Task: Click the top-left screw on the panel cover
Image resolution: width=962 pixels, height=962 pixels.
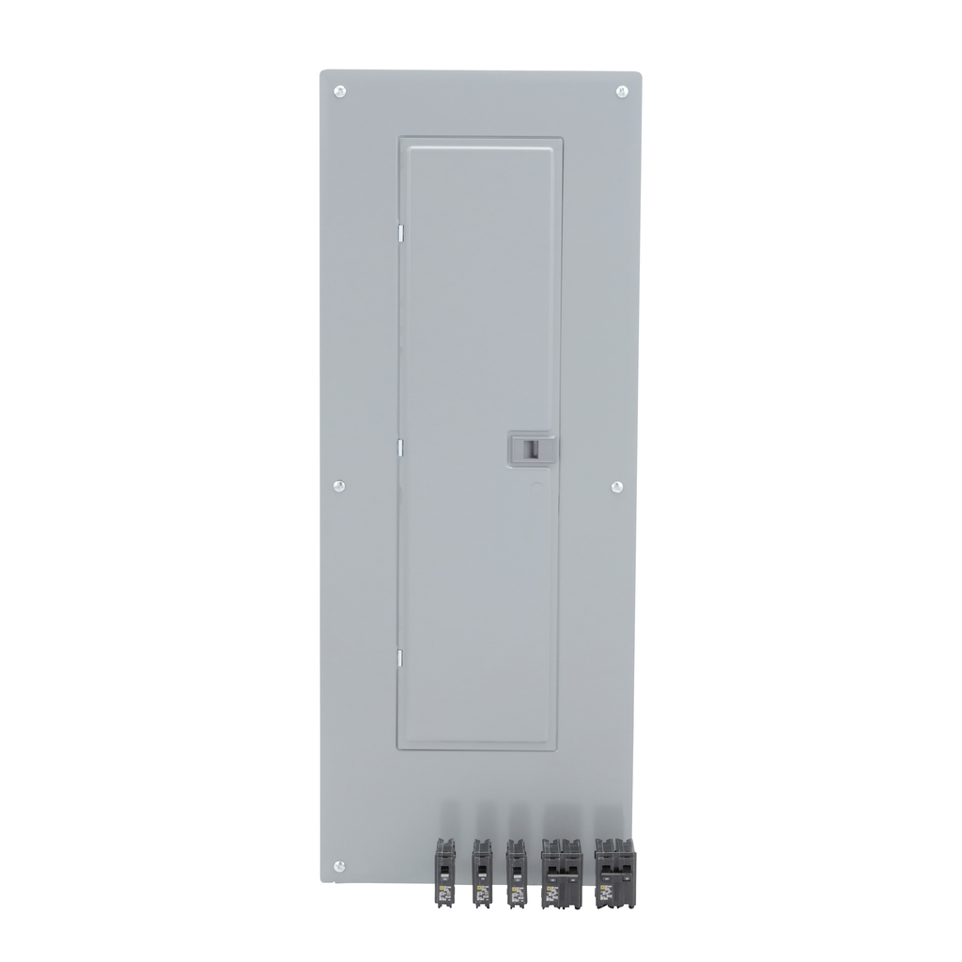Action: point(340,91)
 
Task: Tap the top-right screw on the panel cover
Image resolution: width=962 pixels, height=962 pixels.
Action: point(622,91)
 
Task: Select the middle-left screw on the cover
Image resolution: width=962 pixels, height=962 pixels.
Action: point(339,486)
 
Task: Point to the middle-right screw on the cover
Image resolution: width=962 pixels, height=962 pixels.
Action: point(617,486)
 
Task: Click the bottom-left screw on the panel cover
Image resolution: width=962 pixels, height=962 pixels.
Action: point(339,865)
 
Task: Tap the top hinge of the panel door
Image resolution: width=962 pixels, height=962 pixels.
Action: point(399,230)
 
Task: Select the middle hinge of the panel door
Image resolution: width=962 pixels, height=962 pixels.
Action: point(399,447)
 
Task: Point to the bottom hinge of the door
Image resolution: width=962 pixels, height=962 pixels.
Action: point(399,658)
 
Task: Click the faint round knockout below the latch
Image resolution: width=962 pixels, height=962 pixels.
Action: point(535,489)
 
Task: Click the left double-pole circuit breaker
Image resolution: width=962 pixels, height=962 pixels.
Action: point(562,873)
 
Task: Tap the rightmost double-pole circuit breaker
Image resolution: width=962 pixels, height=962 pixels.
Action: point(615,873)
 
